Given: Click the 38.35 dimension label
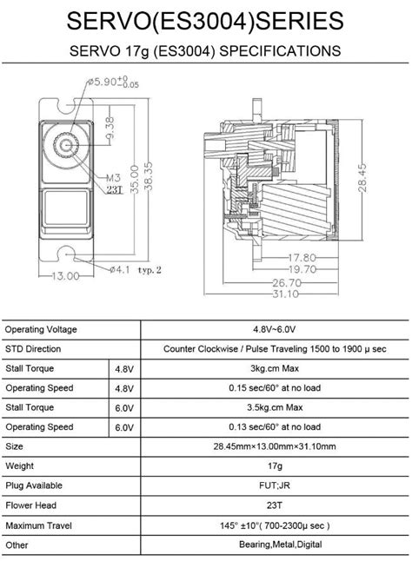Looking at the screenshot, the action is (x=149, y=176).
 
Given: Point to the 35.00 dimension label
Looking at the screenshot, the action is (x=135, y=179).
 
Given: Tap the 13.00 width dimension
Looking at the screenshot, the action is (x=66, y=276).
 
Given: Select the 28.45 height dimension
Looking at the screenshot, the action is (x=362, y=177).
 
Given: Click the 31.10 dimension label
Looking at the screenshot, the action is (x=286, y=294).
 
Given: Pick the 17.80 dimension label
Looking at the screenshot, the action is (x=302, y=258).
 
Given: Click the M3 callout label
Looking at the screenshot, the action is (x=114, y=178).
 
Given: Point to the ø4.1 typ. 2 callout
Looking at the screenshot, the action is (x=136, y=270).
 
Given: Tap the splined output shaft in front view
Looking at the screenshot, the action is (x=66, y=145).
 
